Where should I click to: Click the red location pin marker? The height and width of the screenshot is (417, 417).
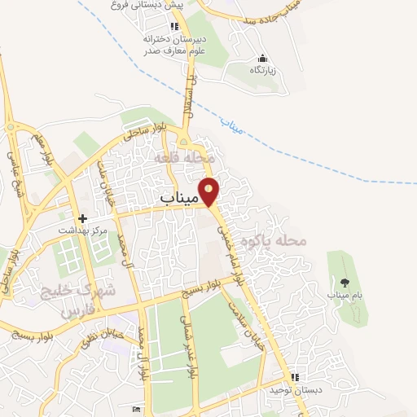pos(209,190)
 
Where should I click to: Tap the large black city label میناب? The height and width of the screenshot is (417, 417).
pos(178,198)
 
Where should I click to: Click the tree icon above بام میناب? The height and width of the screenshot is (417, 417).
pos(345,283)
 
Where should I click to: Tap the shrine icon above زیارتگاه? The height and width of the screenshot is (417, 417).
pos(262,59)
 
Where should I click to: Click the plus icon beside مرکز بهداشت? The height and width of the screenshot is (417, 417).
pos(82,219)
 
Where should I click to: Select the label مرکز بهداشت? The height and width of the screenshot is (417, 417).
pos(82,231)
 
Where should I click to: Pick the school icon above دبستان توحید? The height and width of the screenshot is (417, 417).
pos(295,377)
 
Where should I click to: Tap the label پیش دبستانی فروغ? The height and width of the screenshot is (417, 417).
pos(147,5)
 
